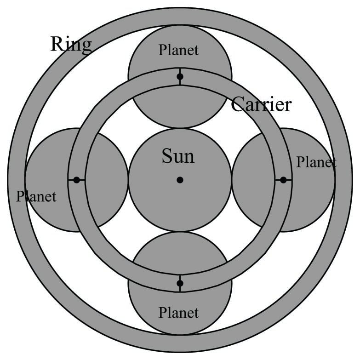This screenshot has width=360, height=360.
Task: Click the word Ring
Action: pos(71,44)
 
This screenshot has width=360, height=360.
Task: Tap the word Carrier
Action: pos(261,104)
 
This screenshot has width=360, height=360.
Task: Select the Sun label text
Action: pos(178,156)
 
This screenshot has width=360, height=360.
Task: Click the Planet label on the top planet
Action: pos(178,50)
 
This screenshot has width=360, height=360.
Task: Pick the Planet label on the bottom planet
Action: pos(178,313)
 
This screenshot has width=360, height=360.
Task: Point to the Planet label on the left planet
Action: pos(36,196)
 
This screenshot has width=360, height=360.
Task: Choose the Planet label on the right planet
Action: pos(316,162)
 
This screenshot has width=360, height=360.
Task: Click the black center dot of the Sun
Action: pos(180,180)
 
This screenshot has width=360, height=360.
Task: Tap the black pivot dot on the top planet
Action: pos(180,76)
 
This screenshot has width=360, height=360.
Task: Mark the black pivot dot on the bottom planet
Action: pos(180,283)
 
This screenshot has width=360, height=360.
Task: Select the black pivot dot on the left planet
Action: pos(76,180)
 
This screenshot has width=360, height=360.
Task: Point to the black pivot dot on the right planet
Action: pos(283,180)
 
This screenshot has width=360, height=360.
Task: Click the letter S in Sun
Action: pos(166,156)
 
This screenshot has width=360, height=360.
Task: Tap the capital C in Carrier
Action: pos(237,104)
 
